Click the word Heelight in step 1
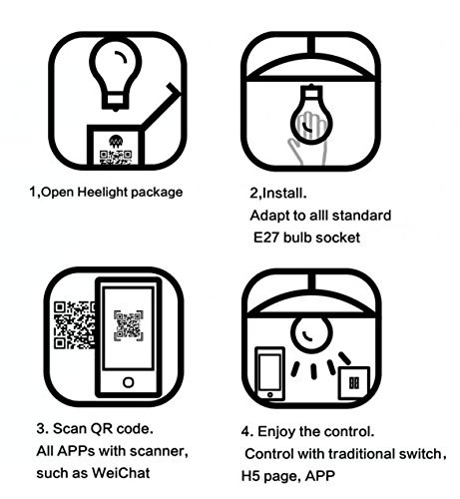(103, 192)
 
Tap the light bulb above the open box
(115, 72)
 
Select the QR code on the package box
(116, 157)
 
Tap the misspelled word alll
(319, 216)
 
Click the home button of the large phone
(129, 382)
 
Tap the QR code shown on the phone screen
(129, 325)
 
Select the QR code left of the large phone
(74, 325)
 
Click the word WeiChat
(121, 473)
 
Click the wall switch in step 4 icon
(354, 383)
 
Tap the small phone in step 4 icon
(269, 373)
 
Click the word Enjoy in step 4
(276, 432)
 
